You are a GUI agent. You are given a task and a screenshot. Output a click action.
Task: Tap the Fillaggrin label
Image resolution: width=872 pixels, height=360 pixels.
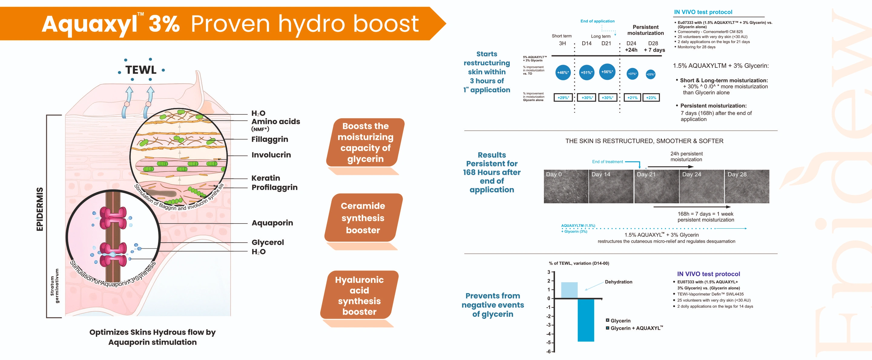(x=270, y=139)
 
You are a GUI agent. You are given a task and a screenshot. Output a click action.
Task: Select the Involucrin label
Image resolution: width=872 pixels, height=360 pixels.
(x=271, y=155)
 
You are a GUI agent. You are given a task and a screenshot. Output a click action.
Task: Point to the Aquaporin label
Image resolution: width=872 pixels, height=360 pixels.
(x=272, y=223)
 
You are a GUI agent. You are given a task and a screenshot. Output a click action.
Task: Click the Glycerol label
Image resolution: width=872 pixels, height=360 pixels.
(x=268, y=242)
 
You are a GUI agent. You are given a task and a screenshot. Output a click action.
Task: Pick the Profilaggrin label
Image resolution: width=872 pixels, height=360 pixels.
(x=275, y=188)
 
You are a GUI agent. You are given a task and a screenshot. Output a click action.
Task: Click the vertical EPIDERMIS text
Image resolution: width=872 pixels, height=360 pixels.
(x=40, y=209)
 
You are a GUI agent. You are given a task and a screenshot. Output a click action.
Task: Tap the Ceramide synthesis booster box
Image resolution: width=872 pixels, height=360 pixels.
(x=363, y=218)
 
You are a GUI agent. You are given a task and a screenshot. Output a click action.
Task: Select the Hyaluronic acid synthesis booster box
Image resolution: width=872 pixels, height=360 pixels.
(x=360, y=295)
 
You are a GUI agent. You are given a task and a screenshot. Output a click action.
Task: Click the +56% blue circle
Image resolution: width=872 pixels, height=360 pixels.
(x=607, y=72)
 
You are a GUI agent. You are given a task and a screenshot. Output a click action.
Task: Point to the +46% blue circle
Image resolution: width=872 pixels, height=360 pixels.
(x=563, y=72)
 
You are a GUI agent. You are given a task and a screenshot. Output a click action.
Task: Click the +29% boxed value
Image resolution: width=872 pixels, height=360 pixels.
(x=563, y=98)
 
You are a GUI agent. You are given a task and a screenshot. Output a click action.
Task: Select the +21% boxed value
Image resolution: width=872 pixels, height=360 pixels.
(x=632, y=98)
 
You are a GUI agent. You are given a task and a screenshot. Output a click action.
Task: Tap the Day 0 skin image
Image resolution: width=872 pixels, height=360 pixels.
(x=566, y=186)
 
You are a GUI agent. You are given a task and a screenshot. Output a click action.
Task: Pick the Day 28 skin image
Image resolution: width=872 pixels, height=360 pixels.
(x=747, y=186)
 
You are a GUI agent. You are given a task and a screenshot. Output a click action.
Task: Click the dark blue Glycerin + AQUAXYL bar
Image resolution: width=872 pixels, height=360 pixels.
(x=586, y=320)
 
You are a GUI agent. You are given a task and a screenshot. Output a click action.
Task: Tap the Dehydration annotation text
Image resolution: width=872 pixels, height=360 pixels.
(x=618, y=282)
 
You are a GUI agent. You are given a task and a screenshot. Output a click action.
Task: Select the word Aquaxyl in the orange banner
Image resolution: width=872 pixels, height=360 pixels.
(x=90, y=25)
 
